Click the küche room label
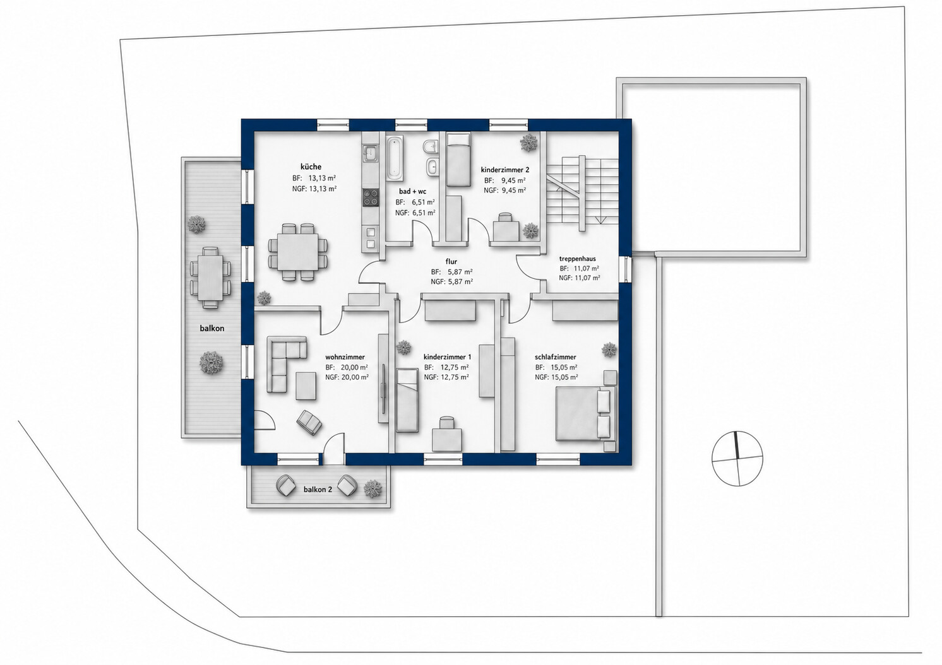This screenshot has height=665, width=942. click(311, 167)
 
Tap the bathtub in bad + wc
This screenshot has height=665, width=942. click(395, 156)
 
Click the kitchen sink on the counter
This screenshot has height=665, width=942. click(371, 153)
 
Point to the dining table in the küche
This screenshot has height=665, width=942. click(298, 252)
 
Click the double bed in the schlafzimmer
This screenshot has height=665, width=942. click(586, 414)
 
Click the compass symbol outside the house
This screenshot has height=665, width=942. click(737, 458)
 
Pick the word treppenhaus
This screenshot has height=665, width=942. click(578, 259)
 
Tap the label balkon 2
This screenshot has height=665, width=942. click(318, 490)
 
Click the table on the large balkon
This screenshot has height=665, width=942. click(210, 277)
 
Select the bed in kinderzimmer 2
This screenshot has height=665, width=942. click(458, 160)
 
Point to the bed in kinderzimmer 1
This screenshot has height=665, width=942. click(407, 400)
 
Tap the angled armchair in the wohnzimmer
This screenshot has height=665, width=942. click(309, 422)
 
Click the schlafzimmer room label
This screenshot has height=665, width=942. click(556, 357)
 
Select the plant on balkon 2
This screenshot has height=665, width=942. click(373, 488)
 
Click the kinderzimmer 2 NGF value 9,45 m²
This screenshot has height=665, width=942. click(513, 191)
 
